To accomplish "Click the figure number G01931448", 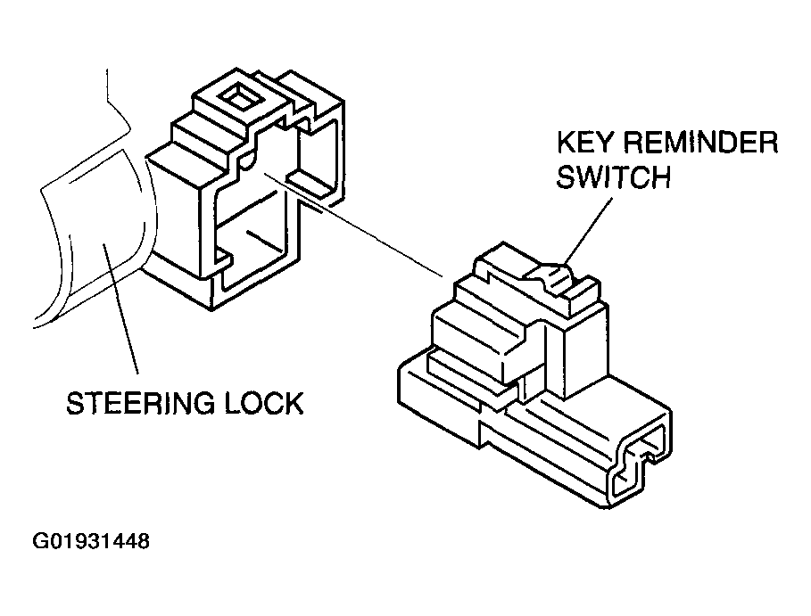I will tap(91, 541).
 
